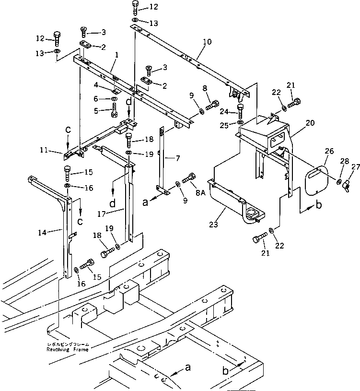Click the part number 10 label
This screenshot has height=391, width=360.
[207, 42]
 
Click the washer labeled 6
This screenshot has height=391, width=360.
[115, 99]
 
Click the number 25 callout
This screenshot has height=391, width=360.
[225, 125]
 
